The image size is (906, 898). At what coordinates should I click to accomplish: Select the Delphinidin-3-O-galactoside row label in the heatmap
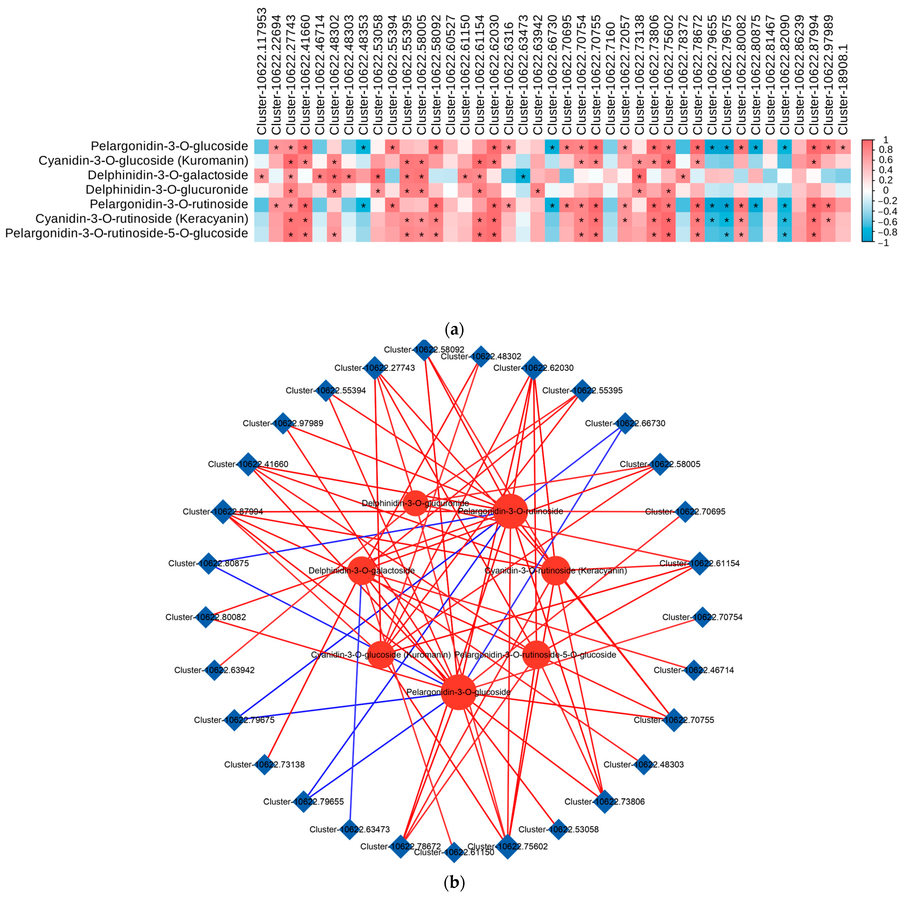pos(167,175)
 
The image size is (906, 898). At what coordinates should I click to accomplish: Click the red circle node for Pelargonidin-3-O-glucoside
pos(458,692)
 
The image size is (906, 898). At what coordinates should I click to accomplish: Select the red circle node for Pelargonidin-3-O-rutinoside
pos(511,511)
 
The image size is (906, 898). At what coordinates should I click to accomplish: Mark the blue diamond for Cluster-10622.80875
pos(209,563)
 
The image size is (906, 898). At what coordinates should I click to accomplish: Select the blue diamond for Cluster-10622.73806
pos(604,801)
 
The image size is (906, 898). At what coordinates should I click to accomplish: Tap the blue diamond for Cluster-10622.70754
pos(702,617)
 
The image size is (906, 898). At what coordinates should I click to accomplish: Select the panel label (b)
pos(454,883)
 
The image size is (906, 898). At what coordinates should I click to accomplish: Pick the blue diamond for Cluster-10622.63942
pos(214,670)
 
